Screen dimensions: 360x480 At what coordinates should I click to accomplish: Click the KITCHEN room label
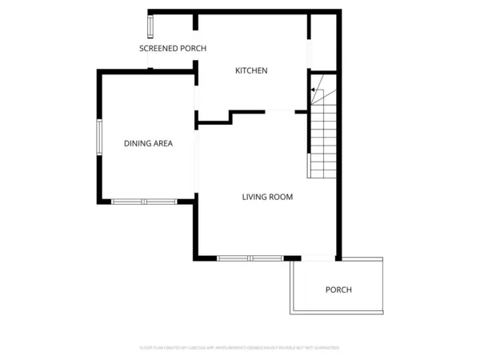coord(251,71)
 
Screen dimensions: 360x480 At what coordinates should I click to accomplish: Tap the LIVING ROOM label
coord(267,197)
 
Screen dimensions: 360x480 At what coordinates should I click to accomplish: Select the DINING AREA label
coord(148,144)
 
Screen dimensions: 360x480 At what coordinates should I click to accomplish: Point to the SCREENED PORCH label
coord(173,49)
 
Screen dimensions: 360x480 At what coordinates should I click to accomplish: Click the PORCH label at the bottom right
coord(338,290)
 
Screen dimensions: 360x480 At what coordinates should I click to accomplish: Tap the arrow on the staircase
coord(314,90)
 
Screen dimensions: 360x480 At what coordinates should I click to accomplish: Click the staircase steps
coord(322,136)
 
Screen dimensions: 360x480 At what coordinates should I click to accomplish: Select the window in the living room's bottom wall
coord(250,258)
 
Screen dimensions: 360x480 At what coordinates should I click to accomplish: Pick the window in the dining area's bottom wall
coord(144,201)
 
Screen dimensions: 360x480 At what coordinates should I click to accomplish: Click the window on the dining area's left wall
coord(99,137)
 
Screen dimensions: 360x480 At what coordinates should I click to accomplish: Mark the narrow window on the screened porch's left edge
coord(150,25)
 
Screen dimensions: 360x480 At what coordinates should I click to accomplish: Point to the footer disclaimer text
coord(240,348)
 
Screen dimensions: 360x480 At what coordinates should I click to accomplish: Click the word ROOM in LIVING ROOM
coord(280,197)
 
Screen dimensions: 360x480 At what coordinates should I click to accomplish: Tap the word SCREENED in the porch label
coord(158,49)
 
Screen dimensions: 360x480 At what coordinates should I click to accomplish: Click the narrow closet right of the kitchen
coord(323,40)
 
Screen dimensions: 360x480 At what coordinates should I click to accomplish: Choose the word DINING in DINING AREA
coord(137,144)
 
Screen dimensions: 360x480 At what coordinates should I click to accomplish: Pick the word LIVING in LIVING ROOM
coord(254,197)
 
